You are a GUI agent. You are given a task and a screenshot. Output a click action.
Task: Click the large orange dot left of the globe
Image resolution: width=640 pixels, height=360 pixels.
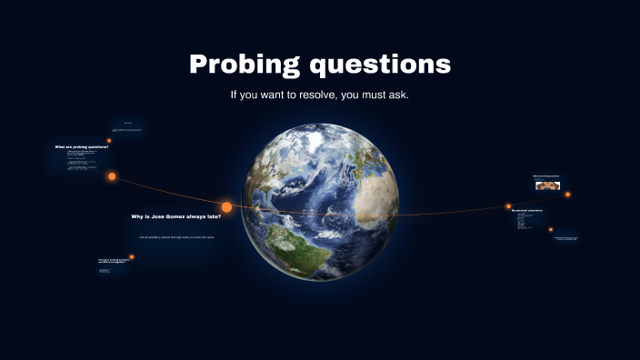[x=226, y=207]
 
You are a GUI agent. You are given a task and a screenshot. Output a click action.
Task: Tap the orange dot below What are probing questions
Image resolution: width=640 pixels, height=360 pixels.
[x=112, y=176]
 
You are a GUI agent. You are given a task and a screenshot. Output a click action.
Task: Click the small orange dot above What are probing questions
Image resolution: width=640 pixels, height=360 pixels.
[x=109, y=141]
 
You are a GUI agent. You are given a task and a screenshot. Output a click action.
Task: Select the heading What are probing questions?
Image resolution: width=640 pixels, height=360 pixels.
[x=81, y=146]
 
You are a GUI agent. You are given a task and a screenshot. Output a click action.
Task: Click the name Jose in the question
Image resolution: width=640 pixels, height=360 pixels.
[x=158, y=216]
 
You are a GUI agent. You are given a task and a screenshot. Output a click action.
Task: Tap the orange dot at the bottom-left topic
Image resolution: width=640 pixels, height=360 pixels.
[x=132, y=257]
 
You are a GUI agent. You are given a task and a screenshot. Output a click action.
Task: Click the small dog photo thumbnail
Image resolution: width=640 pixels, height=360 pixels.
[x=547, y=185]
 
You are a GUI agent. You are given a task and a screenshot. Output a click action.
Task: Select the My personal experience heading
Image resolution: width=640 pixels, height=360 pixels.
[x=526, y=210]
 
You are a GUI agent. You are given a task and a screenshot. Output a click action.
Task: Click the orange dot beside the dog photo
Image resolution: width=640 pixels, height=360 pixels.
[x=568, y=194]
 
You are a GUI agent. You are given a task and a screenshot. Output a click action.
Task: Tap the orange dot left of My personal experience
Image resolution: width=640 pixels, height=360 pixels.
[x=508, y=206]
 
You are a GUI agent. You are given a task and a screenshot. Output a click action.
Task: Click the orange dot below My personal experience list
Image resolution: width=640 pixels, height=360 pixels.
[x=551, y=230]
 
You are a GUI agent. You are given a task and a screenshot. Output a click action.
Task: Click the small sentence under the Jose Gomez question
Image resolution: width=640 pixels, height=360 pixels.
[x=176, y=237]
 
